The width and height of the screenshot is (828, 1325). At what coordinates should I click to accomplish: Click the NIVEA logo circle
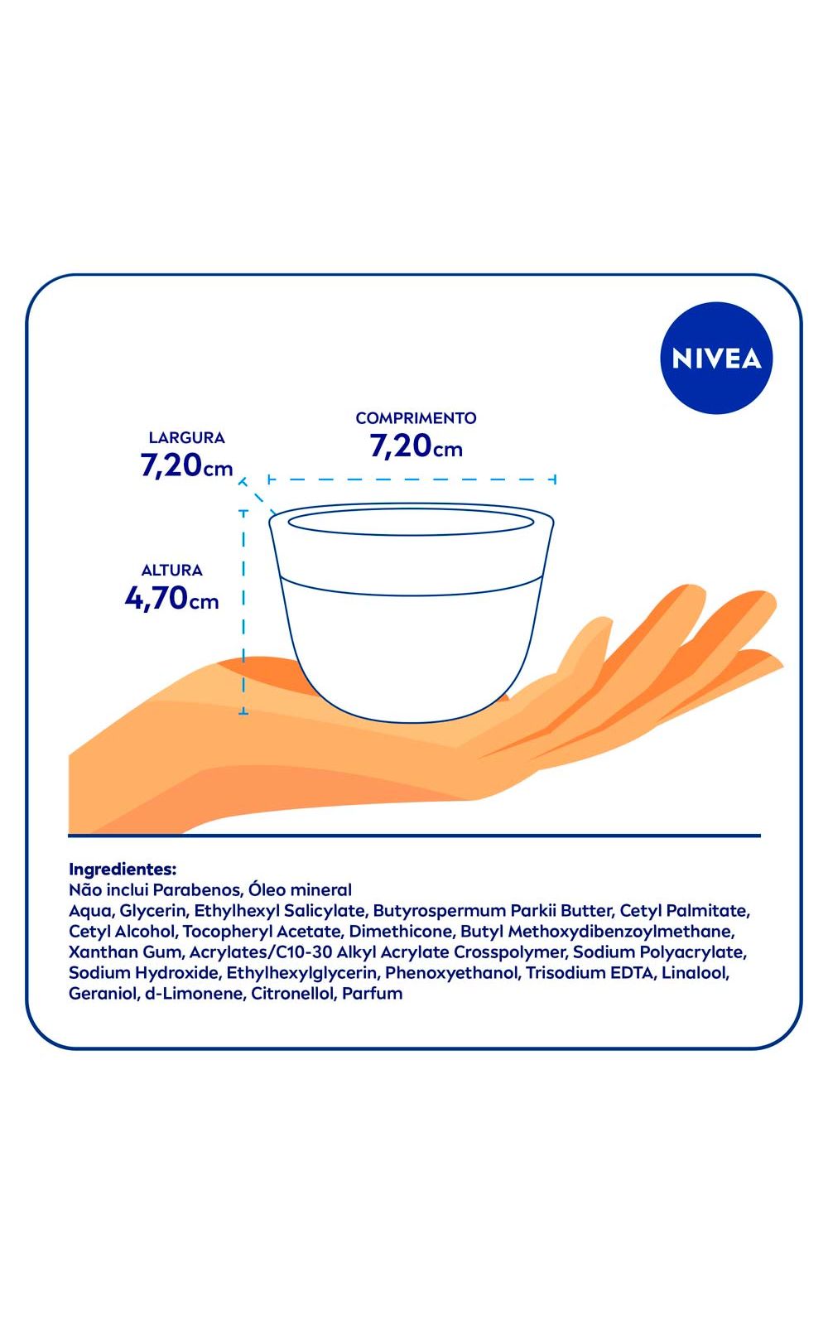tap(716, 358)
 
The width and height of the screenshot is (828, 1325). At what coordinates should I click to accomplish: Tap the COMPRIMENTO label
tap(416, 418)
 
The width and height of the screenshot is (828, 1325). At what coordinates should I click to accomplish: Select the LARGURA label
tap(187, 438)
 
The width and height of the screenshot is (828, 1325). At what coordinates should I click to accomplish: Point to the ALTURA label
tap(172, 571)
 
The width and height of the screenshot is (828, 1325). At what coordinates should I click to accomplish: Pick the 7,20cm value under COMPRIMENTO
tap(416, 446)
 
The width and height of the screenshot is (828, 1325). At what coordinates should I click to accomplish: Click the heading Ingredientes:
tap(123, 870)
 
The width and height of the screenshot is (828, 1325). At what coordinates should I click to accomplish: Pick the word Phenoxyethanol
tap(452, 973)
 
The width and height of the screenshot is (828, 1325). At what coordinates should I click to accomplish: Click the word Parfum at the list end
tap(373, 994)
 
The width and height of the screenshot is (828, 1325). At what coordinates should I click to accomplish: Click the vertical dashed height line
tap(243, 612)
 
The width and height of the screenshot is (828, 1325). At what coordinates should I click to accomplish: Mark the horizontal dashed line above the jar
tap(412, 479)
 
